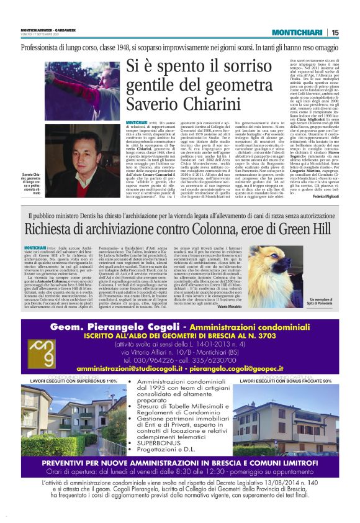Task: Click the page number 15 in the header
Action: click(351, 33)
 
